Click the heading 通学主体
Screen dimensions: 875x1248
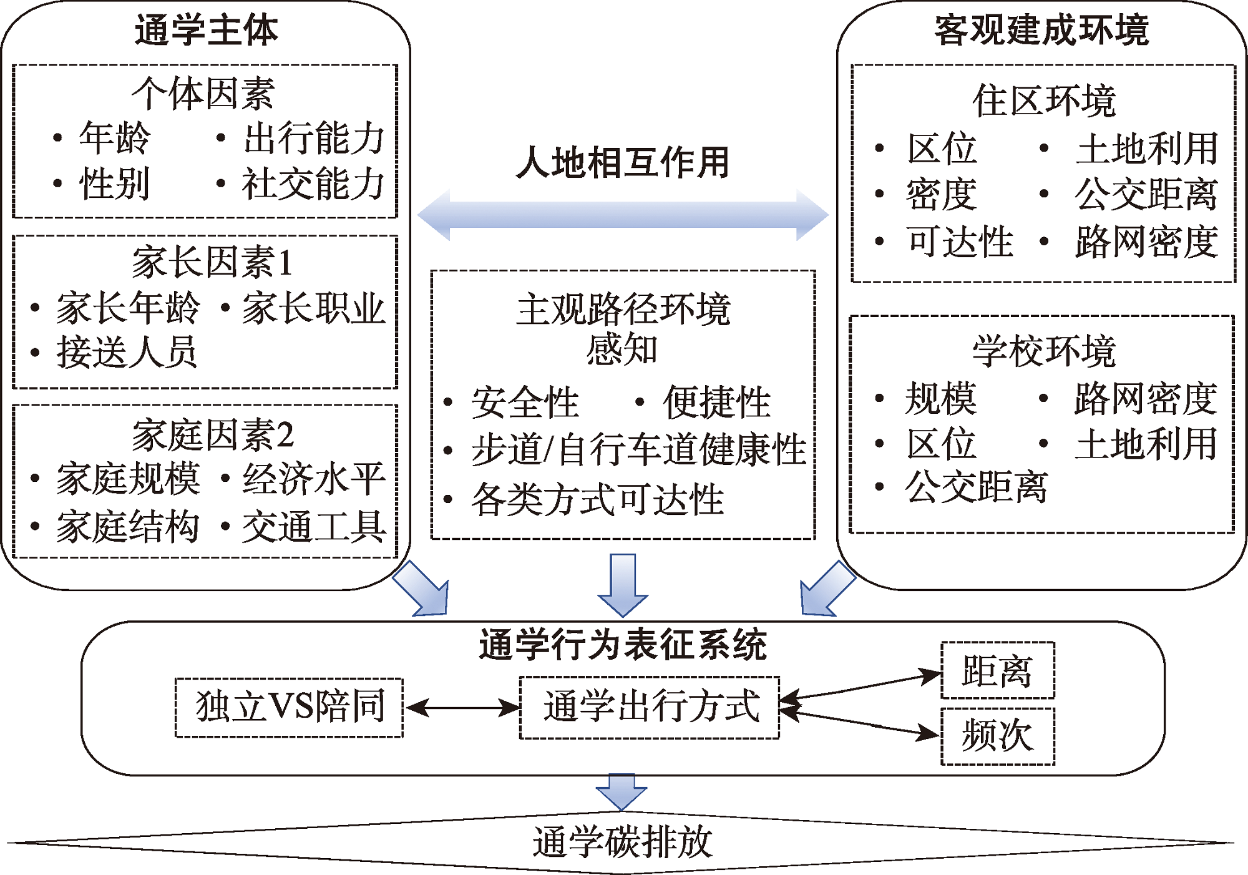[x=206, y=30]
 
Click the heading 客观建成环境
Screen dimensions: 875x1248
[x=1041, y=30]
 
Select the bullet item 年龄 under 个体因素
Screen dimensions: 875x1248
[x=114, y=138]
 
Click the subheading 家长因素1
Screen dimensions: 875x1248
[x=212, y=262]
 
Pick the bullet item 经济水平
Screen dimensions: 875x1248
[x=313, y=479]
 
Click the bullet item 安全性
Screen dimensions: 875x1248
[x=525, y=403]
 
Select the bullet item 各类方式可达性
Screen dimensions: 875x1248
[x=597, y=500]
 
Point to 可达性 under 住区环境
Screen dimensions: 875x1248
[x=960, y=242]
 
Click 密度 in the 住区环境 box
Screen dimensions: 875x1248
[x=941, y=195]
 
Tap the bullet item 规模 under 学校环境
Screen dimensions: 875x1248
[x=941, y=399]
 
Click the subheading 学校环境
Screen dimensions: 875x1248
[x=1043, y=351]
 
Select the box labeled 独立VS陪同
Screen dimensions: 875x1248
[x=290, y=708]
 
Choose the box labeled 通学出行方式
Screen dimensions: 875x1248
[x=650, y=708]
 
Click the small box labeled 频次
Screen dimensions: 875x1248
[x=997, y=736]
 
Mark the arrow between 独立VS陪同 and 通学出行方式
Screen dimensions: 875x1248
[x=462, y=708]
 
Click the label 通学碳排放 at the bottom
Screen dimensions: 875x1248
[x=622, y=843]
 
